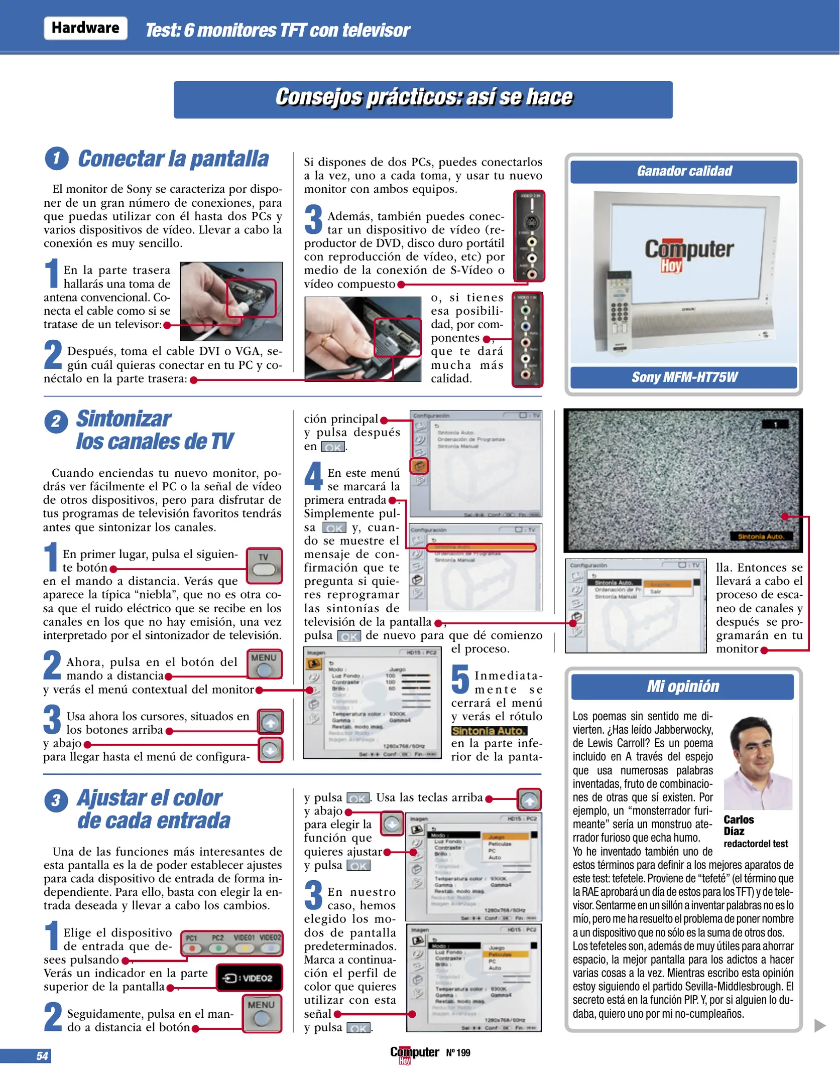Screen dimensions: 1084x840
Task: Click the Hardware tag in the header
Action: click(85, 28)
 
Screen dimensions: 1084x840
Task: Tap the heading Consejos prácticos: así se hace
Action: click(423, 97)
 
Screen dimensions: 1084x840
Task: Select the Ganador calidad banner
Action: click(684, 171)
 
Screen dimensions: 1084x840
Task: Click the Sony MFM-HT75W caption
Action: click(684, 377)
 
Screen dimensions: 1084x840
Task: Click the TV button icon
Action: click(264, 566)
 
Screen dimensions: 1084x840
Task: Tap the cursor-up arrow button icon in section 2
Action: click(271, 722)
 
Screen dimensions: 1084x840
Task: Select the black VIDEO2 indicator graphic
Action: click(249, 978)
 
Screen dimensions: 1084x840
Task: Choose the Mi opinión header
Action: click(682, 687)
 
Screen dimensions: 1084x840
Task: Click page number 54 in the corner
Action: click(42, 1056)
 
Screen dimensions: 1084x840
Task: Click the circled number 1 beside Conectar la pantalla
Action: click(56, 159)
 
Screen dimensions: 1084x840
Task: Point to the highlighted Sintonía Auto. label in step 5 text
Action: click(489, 731)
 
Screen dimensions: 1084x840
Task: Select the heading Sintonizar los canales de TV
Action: click(154, 430)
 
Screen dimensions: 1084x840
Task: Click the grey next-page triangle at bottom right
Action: click(819, 1025)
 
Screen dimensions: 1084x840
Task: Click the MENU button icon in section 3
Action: click(262, 1013)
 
